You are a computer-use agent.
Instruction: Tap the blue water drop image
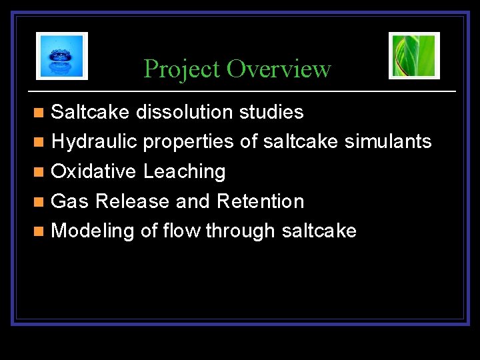click(x=62, y=56)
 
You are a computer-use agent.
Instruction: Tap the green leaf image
click(x=414, y=56)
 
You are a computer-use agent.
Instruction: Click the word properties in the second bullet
click(x=188, y=142)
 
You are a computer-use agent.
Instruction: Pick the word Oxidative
click(x=95, y=172)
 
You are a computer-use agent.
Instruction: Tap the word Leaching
click(x=185, y=172)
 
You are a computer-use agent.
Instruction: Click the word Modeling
click(x=93, y=231)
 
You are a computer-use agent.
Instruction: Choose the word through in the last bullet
click(x=241, y=231)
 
